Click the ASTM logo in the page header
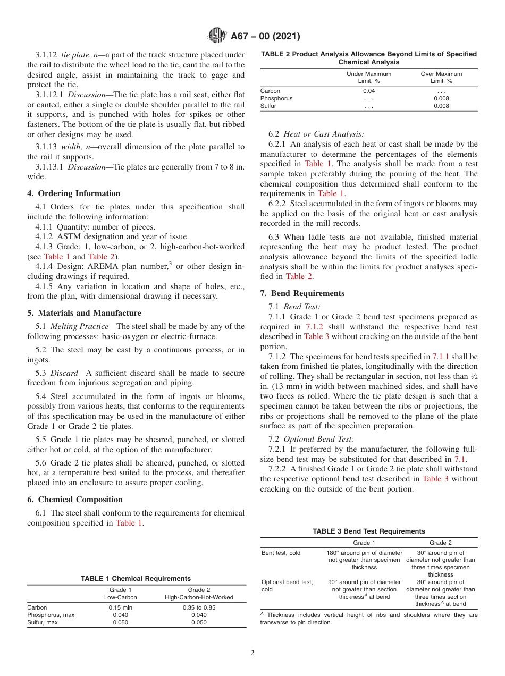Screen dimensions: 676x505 (217, 36)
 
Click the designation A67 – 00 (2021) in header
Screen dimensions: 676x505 (265, 37)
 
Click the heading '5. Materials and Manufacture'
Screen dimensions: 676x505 (84, 313)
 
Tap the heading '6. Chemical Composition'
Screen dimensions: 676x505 (75, 500)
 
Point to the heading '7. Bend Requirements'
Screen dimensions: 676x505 (302, 293)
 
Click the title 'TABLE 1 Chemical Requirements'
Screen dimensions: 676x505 (136, 579)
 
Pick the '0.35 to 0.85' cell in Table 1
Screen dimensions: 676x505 (199, 607)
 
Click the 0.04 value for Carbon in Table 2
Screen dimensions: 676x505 (368, 91)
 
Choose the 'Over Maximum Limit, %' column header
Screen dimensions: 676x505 (441, 78)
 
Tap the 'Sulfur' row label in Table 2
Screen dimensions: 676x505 (269, 106)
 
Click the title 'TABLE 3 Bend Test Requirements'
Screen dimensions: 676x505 (368, 531)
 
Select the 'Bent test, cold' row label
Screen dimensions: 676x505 (281, 553)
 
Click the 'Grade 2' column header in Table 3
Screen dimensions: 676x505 (441, 543)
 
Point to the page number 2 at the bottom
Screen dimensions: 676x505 (252, 653)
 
